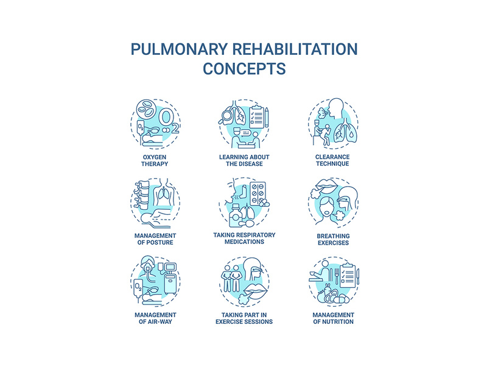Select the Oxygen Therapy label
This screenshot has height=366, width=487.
pyautogui.click(x=151, y=160)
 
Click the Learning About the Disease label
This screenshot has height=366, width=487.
pyautogui.click(x=243, y=160)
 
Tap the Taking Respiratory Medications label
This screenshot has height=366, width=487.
pyautogui.click(x=243, y=239)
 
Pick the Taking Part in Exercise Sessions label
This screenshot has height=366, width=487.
pyautogui.click(x=243, y=318)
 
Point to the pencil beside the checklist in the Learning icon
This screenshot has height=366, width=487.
pyautogui.click(x=267, y=115)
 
